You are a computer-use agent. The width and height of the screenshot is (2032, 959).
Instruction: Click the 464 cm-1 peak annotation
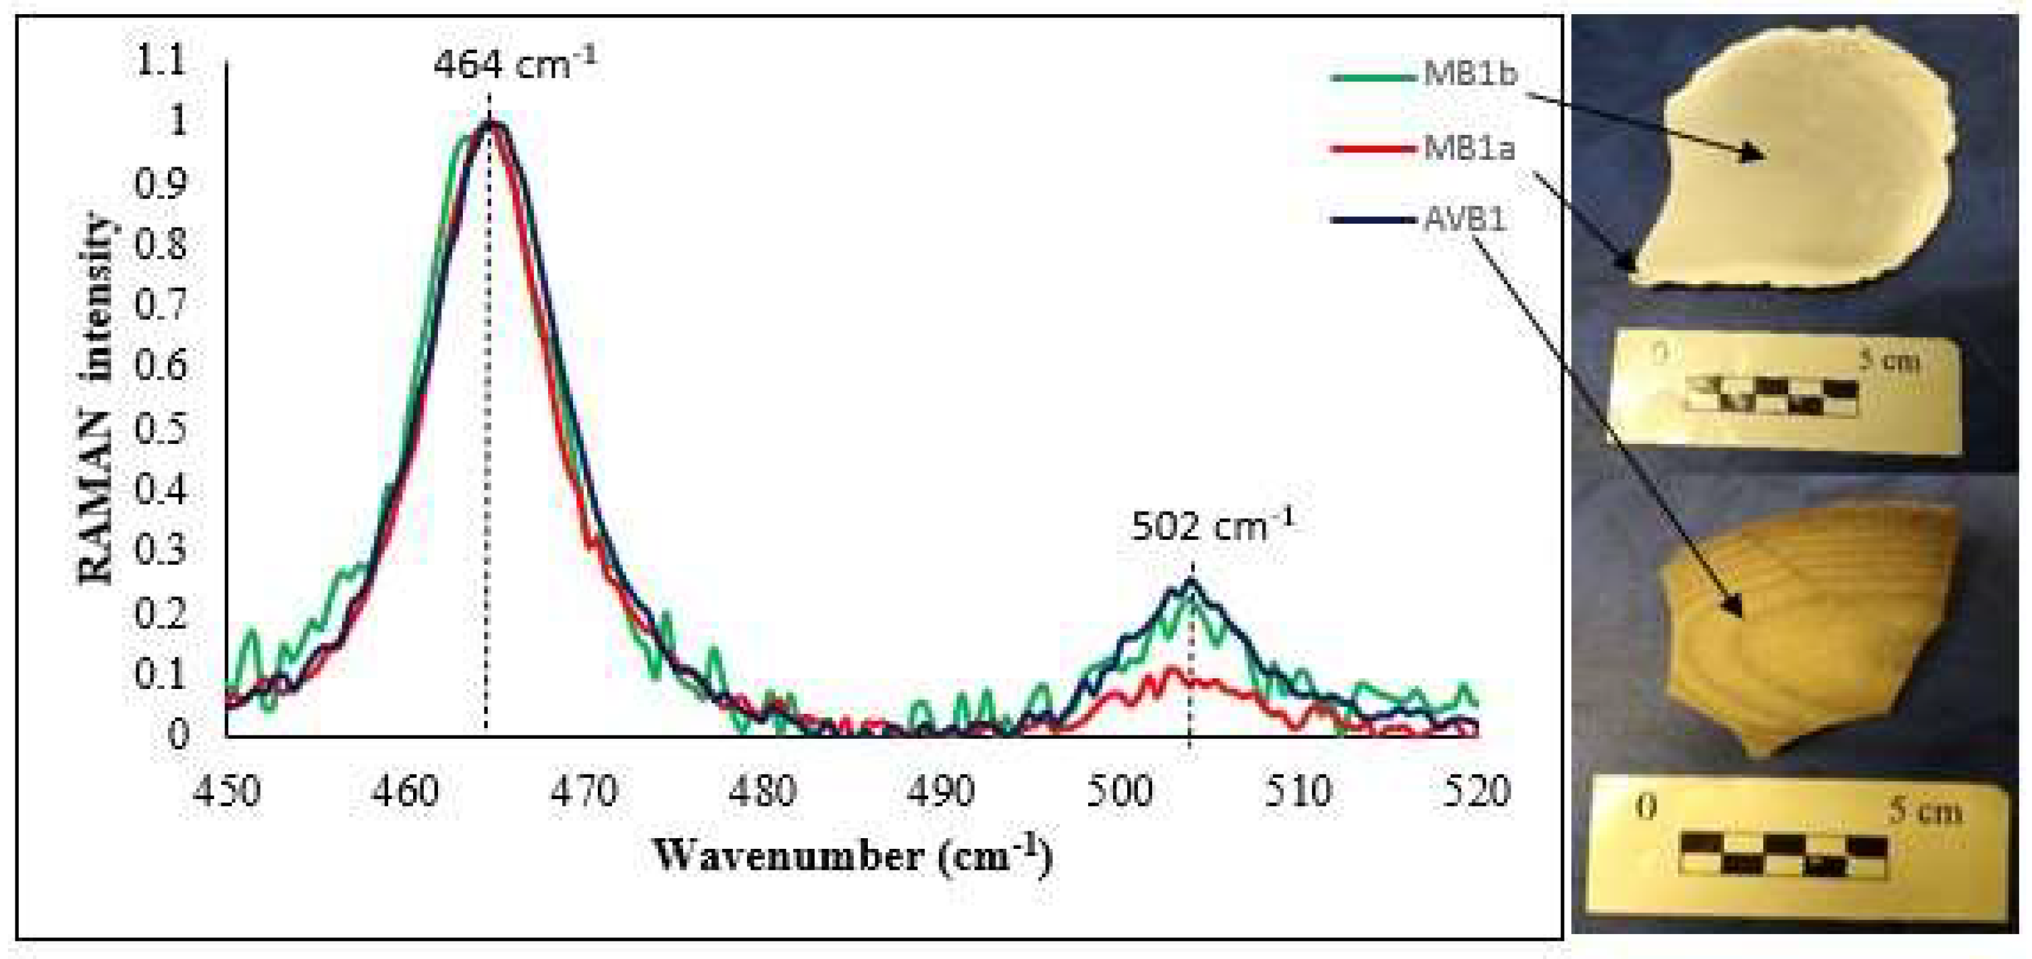515,64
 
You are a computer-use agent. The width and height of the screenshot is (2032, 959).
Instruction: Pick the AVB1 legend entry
1464,218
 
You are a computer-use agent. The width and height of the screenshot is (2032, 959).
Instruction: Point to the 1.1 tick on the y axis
162,60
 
